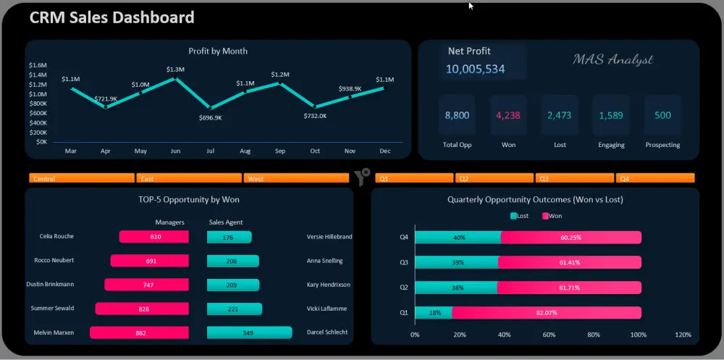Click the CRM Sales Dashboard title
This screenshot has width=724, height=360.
point(111,17)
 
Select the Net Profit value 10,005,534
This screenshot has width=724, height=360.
point(475,69)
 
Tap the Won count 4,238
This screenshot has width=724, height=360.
point(508,115)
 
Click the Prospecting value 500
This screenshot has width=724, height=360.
point(662,115)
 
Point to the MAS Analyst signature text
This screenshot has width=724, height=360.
point(613,59)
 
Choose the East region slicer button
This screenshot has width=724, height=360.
point(188,178)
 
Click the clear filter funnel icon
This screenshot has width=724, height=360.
point(362,176)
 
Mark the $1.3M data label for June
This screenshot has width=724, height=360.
point(175,70)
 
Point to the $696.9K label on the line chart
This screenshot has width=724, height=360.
point(211,117)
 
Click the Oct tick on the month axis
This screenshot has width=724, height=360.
point(315,151)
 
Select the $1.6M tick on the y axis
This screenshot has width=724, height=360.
point(38,65)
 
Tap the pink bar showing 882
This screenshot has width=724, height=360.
point(140,332)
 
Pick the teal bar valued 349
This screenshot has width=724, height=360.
point(249,332)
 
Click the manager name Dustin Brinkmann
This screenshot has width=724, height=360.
point(50,285)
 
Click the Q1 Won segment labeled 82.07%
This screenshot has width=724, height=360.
point(547,313)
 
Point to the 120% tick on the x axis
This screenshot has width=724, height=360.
point(683,335)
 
